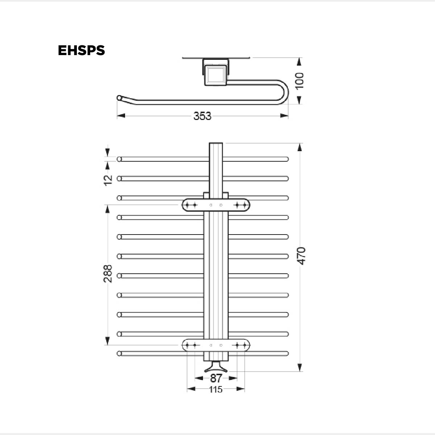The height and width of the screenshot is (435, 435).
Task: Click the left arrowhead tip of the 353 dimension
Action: pos(117,116)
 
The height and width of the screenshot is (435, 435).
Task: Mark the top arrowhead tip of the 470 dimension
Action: pos(299,143)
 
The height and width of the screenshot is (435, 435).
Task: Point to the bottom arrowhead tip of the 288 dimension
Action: pos(107,345)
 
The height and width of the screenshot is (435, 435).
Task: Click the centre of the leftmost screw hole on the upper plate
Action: pos(187,205)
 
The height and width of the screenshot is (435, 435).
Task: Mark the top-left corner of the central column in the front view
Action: pos(209,143)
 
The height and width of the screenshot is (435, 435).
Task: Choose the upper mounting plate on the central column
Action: pos(216,205)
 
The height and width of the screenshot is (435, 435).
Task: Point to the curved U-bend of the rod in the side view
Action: pos(283,92)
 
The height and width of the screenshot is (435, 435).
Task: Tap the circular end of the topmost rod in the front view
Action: pos(119,159)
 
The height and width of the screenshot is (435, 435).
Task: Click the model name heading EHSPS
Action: pos(82,50)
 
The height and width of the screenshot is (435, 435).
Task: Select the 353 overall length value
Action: pos(203,116)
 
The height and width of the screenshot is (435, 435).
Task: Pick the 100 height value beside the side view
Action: pos(299,81)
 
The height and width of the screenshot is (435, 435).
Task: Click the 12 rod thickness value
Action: pos(108,181)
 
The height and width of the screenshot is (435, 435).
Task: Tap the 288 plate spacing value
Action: pos(108,274)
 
